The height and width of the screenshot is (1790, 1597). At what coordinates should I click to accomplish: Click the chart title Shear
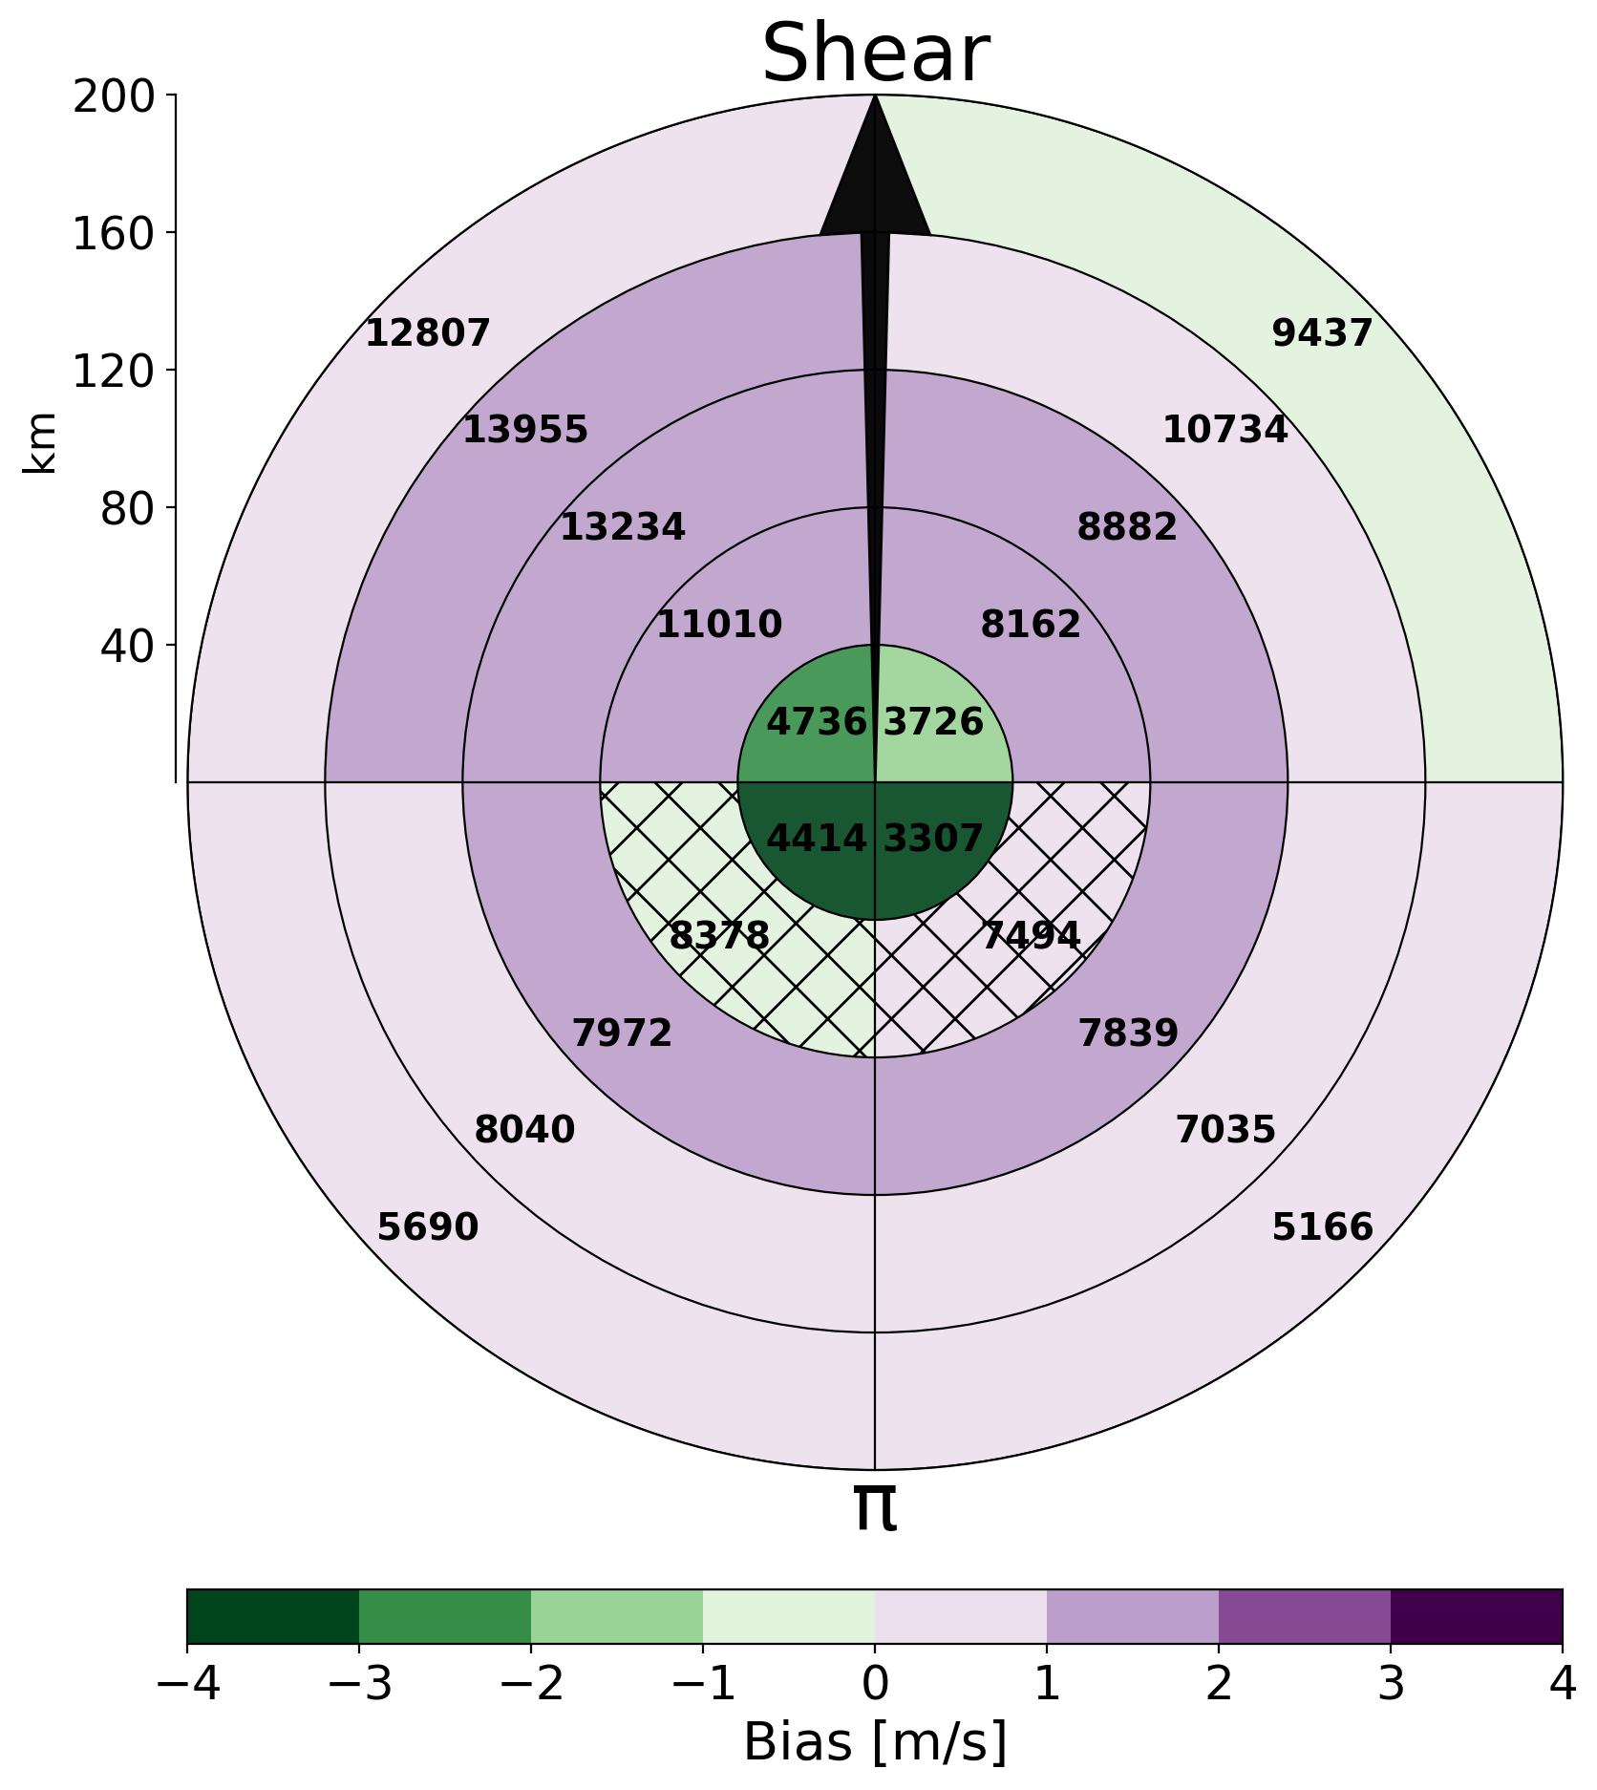point(875,54)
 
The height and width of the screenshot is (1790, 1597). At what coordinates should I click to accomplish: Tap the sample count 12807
point(428,333)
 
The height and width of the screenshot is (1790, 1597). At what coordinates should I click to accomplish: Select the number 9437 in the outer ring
point(1323,333)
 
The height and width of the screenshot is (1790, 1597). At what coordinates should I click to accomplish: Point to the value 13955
point(525,430)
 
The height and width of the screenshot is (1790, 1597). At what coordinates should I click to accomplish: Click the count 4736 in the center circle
point(817,722)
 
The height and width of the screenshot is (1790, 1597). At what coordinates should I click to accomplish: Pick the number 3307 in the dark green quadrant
point(933,839)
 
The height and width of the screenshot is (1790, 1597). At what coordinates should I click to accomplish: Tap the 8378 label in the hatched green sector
point(719,936)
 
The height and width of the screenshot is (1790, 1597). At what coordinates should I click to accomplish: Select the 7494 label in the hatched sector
point(1032,936)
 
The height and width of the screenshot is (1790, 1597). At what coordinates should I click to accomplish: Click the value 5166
point(1323,1227)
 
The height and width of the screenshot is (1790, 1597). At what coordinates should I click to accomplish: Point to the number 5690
point(428,1227)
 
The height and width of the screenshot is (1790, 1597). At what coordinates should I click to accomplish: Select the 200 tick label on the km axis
point(114,96)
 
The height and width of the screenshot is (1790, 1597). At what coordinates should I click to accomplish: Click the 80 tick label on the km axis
point(128,509)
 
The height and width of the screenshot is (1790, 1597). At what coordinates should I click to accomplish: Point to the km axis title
point(40,443)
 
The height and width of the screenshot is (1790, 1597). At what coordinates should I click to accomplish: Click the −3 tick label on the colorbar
point(359,1685)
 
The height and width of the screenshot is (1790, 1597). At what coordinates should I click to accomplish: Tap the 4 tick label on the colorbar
point(1563,1685)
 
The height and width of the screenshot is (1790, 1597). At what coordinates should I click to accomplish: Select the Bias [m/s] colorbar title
point(875,1742)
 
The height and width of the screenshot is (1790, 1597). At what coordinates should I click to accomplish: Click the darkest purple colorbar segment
point(1477,1616)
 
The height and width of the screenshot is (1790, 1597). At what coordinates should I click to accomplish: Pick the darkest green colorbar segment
point(273,1616)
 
